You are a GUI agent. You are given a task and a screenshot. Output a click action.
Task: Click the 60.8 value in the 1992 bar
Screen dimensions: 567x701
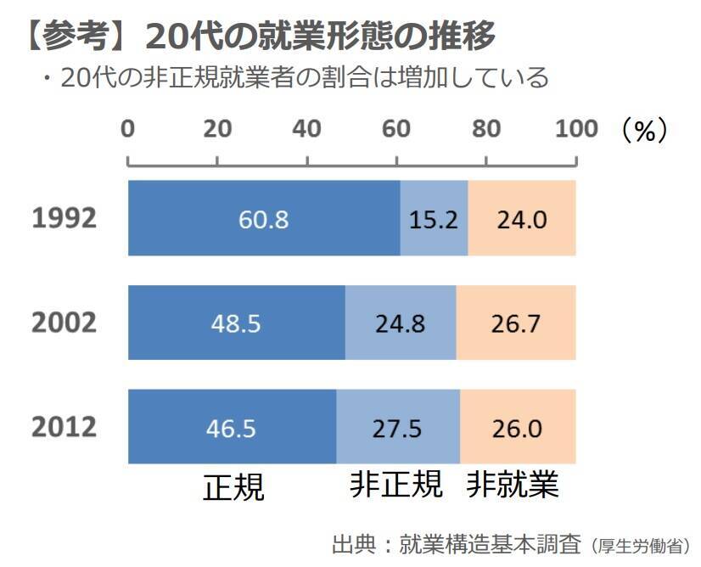pos(263,220)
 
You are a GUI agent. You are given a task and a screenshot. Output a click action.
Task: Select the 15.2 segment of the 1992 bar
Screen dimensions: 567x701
pos(434,220)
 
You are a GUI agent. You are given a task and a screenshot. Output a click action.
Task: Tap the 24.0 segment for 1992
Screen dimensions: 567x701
pos(521,220)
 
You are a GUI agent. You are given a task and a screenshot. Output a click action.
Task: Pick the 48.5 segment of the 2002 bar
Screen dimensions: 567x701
pos(235,324)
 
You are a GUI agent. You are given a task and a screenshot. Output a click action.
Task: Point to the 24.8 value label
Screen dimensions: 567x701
pos(401,324)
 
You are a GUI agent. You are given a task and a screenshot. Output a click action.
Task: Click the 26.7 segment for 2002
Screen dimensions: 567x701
pos(516,324)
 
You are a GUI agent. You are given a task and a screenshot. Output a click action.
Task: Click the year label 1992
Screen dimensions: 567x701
pos(64,219)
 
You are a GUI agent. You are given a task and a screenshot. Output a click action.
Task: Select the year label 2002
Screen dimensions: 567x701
pos(64,323)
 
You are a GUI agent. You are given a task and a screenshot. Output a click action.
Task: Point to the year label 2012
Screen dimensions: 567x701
pos(64,428)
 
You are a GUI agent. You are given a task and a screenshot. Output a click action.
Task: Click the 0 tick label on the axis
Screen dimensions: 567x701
pos(128,129)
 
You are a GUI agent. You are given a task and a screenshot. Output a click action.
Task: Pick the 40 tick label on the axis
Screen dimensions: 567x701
pos(306,129)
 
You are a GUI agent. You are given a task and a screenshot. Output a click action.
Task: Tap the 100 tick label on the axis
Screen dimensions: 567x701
pos(576,129)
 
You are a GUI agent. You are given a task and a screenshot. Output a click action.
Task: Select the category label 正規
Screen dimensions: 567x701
pos(233,487)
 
